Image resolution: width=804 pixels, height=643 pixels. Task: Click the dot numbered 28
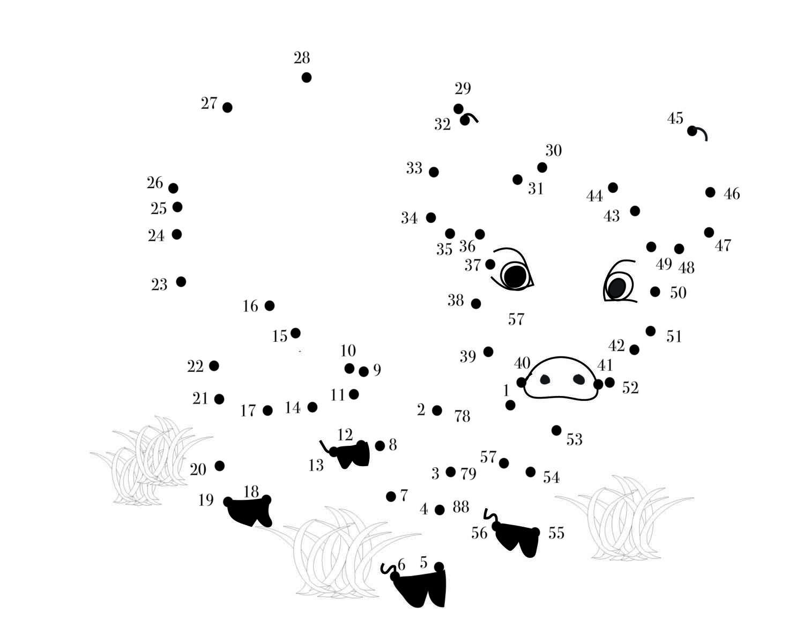pos(307,77)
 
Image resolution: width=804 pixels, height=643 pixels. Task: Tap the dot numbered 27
pos(227,108)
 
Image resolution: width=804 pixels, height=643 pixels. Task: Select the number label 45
pos(675,118)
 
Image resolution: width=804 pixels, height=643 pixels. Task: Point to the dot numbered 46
pos(710,192)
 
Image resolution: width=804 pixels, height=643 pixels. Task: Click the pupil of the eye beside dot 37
pos(515,276)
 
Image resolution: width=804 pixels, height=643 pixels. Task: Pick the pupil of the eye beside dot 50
pos(617,288)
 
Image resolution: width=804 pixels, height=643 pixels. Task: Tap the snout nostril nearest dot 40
pos(545,379)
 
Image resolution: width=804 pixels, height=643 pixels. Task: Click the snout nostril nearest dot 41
pos(579,379)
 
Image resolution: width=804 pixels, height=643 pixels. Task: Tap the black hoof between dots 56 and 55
pos(518,539)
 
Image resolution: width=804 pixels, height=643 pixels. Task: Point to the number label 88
pos(460,507)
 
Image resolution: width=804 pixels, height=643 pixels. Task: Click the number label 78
pos(462,416)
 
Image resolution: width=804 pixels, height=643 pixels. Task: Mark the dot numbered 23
pos(181,282)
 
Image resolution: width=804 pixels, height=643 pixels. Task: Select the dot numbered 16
pos(270,305)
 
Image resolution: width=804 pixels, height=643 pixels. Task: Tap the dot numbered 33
pos(434,172)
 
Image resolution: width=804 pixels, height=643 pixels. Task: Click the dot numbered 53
pos(556,430)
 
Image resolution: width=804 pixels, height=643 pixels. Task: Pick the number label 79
pos(468,474)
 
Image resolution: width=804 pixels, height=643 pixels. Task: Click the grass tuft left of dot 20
pos(150,461)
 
